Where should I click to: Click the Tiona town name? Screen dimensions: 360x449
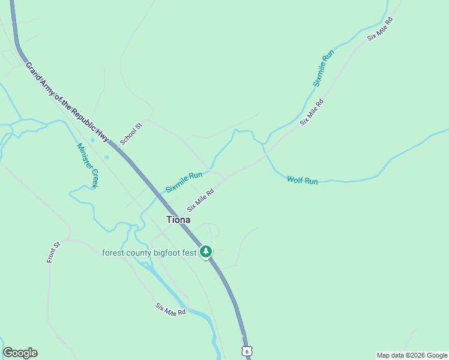tap(178, 220)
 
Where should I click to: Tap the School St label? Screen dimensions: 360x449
tap(130, 133)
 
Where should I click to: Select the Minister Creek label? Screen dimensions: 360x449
tap(87, 166)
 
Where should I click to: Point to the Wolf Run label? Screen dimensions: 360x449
tap(302, 180)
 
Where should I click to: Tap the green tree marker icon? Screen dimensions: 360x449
tap(206, 251)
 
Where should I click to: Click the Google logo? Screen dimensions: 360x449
tap(20, 353)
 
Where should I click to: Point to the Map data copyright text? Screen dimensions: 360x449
tap(412, 355)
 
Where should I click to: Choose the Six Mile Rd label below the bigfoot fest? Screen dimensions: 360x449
tap(170, 310)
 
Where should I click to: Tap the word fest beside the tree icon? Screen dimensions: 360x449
tap(190, 253)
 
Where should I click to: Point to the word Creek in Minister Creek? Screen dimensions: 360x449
tap(94, 179)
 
